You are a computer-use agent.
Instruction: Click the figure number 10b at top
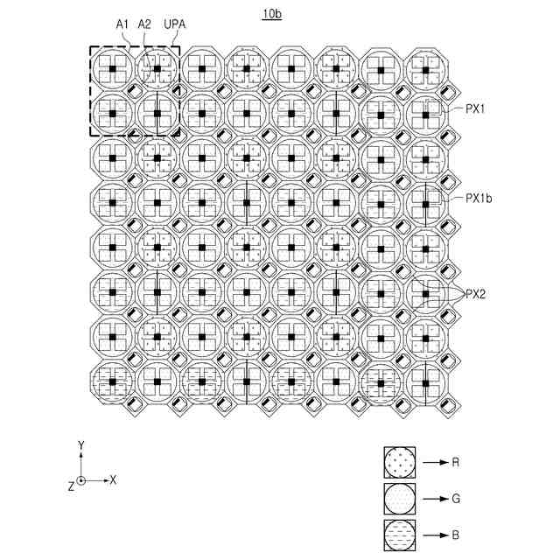(272, 14)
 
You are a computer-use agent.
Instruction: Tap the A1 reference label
(122, 26)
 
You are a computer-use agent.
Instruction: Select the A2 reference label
(144, 26)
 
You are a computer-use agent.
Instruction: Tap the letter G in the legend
(457, 498)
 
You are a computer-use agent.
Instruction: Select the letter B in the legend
(457, 535)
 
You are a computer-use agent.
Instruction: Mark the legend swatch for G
(400, 498)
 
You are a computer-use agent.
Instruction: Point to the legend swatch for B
(400, 535)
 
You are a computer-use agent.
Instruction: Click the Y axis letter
(80, 445)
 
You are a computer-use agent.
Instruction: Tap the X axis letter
(113, 480)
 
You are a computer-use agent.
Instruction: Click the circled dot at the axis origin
(80, 480)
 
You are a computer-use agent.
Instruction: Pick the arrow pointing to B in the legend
(435, 535)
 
